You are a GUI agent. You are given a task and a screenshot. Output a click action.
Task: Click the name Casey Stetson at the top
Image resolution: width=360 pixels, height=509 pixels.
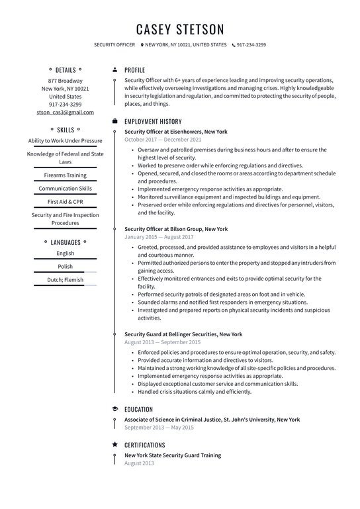pos(180,29)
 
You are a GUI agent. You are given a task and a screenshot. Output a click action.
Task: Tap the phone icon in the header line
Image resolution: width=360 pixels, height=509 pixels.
pos(233,45)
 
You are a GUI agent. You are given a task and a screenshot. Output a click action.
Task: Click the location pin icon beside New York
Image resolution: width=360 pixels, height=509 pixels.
pos(142,45)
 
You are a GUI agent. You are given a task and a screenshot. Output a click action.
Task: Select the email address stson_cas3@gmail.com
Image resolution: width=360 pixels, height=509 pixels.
pos(65,113)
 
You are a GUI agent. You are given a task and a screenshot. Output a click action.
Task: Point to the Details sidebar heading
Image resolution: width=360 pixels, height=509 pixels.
pos(65,69)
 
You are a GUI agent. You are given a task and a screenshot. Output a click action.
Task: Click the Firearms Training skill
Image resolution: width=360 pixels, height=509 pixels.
pos(65,175)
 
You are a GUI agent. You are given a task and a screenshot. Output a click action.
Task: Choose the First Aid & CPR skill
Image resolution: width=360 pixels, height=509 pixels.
pos(65,201)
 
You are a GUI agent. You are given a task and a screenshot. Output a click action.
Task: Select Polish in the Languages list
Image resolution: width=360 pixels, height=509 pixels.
pos(65,266)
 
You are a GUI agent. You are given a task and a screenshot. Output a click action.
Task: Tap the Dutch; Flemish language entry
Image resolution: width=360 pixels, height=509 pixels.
pos(65,279)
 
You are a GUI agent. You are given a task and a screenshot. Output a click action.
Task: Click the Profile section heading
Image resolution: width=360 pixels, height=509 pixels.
pos(134,69)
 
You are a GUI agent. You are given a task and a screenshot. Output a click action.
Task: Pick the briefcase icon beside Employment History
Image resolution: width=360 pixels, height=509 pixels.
pos(115,122)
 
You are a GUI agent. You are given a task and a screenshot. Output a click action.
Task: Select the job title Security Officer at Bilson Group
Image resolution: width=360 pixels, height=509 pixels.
pos(175,229)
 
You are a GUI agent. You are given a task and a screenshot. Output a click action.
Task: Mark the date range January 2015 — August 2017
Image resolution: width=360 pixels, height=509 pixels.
pos(159,237)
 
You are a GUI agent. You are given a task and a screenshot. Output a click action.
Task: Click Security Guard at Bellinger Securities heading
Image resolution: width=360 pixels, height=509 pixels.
pos(183,334)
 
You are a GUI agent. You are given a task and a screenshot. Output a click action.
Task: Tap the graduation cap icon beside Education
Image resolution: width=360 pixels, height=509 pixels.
pos(115,409)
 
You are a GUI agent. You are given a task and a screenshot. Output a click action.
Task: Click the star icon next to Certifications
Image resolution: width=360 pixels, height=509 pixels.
pos(115,445)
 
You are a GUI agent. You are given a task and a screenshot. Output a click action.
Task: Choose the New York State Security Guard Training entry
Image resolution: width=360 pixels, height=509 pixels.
pos(173,455)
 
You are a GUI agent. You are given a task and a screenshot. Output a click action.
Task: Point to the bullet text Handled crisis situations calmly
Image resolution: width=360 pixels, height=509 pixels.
pos(195,392)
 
